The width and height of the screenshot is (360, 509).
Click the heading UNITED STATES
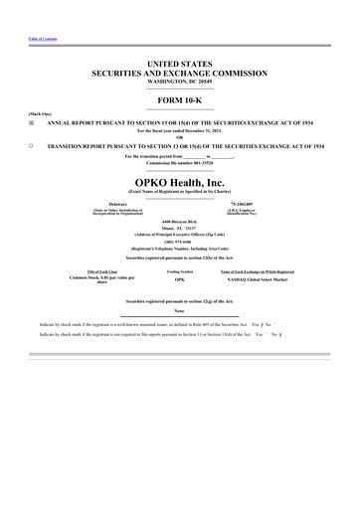pos(179,65)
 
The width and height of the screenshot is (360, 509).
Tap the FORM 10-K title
pos(179,101)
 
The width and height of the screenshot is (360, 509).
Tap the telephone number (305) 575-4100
pos(179,239)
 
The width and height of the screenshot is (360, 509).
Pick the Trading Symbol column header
pos(179,271)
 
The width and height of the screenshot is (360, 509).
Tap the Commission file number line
pos(179,163)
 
